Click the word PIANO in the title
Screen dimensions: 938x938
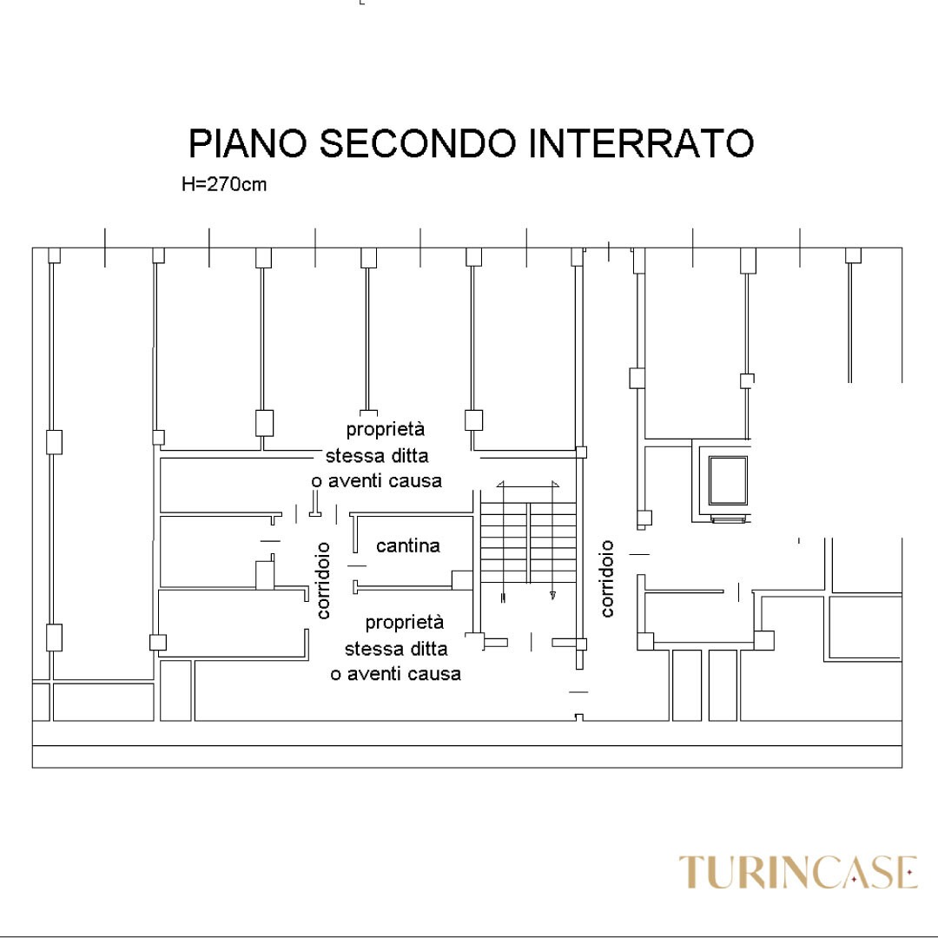click(248, 143)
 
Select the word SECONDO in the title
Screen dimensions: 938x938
click(418, 143)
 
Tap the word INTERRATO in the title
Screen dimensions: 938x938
click(641, 143)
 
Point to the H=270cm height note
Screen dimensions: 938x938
click(224, 183)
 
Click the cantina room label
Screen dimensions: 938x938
click(408, 545)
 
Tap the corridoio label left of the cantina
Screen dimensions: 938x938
click(323, 580)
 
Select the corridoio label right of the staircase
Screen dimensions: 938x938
click(606, 578)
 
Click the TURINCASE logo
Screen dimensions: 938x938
click(798, 872)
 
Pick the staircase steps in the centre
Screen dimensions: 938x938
click(528, 543)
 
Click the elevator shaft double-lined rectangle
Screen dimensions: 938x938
click(728, 481)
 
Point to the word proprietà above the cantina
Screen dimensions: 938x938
click(386, 430)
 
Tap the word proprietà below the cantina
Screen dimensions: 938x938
click(405, 623)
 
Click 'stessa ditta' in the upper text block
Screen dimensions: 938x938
click(377, 456)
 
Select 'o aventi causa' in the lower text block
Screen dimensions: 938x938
click(395, 674)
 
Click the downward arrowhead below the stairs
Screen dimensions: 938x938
click(552, 595)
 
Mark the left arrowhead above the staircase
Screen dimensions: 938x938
click(500, 484)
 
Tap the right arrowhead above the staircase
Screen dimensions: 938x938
click(555, 484)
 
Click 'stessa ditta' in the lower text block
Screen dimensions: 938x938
click(396, 649)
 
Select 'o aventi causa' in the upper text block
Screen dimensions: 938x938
click(376, 481)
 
